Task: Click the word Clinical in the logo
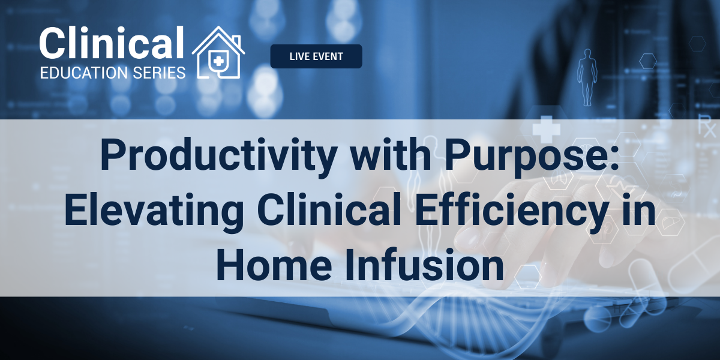click(x=112, y=43)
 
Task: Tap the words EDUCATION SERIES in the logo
click(x=113, y=73)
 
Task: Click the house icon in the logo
click(x=218, y=52)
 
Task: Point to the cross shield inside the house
click(x=219, y=61)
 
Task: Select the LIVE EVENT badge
click(x=316, y=56)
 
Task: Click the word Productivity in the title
click(x=219, y=155)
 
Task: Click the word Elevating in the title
click(x=154, y=211)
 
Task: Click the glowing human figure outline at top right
click(x=587, y=77)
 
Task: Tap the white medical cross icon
click(x=546, y=129)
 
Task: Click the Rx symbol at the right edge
click(x=708, y=128)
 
